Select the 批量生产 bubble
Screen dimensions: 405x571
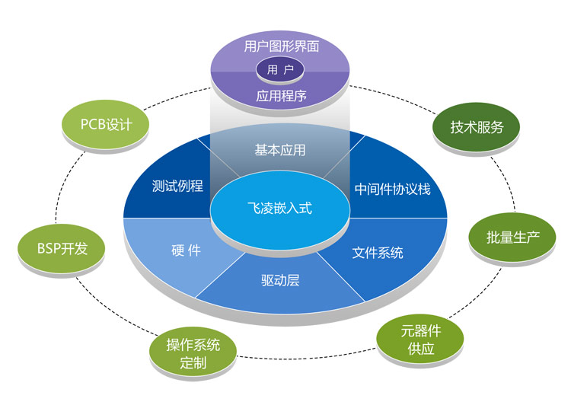pyautogui.click(x=513, y=236)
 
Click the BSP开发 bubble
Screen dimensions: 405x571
pyautogui.click(x=56, y=249)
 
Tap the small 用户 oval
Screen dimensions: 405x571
pyautogui.click(x=279, y=70)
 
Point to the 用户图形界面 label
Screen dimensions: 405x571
pyautogui.click(x=279, y=46)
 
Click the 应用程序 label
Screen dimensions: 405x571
pyautogui.click(x=279, y=97)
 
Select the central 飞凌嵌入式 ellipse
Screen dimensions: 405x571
pyautogui.click(x=280, y=206)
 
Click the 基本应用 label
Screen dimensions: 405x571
pyautogui.click(x=279, y=149)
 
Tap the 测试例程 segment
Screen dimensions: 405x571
pyautogui.click(x=177, y=185)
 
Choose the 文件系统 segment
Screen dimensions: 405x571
pyautogui.click(x=378, y=252)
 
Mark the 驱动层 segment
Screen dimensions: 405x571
pyautogui.click(x=280, y=280)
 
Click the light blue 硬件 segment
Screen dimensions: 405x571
pyautogui.click(x=186, y=250)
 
